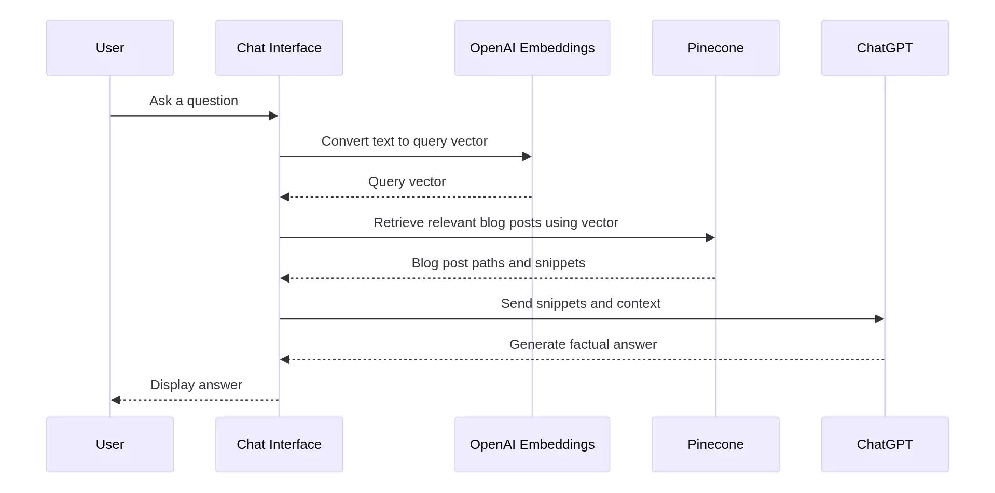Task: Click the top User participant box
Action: (109, 48)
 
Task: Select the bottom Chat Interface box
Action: (279, 444)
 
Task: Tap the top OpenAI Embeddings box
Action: (532, 48)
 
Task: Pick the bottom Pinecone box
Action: (715, 444)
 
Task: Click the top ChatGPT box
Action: (884, 48)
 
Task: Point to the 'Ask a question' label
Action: (194, 101)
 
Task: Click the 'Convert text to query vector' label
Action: (404, 141)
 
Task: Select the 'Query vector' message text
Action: (407, 181)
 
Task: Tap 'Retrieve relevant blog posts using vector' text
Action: (495, 222)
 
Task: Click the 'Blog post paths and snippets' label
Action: (498, 263)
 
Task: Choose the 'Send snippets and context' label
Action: (580, 303)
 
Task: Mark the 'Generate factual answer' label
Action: (583, 344)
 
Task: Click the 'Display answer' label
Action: (196, 385)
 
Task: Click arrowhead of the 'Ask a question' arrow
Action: (274, 116)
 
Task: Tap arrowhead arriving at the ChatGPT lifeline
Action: (879, 319)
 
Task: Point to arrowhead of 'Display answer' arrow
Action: (116, 400)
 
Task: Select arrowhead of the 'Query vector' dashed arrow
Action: (285, 197)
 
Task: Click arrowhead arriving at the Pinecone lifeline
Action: (710, 237)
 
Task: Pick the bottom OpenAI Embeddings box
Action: (532, 444)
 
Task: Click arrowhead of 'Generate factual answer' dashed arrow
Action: (285, 359)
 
